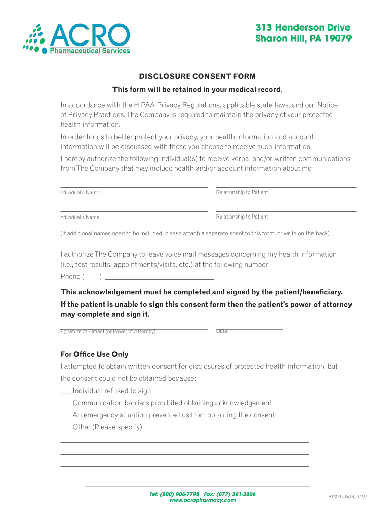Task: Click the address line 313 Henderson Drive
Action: [302, 28]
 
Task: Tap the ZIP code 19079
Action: [331, 39]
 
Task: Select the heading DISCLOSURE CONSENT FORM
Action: [198, 76]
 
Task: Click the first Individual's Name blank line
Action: [134, 186]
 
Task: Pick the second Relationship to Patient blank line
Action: [286, 210]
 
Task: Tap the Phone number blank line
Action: [159, 278]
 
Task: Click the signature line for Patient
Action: [134, 329]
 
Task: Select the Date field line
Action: [249, 329]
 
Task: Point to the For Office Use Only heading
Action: [94, 354]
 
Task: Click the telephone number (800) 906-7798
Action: [179, 494]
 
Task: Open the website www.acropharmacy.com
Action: [202, 500]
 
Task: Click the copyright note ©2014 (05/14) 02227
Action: [347, 497]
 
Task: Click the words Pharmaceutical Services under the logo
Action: [90, 51]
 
